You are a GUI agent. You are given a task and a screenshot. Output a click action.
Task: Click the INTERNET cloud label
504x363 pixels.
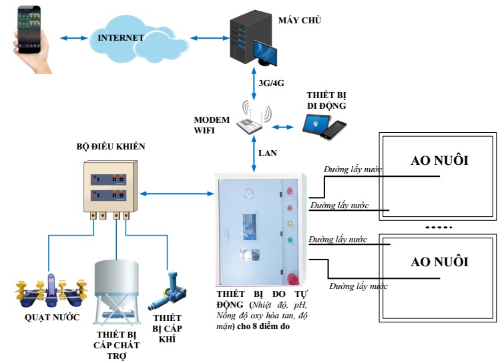121,38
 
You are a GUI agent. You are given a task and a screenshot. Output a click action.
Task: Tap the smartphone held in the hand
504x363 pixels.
29,29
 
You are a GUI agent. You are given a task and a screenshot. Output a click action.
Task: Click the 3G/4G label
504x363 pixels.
271,83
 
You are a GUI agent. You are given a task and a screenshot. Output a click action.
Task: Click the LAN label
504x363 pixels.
268,153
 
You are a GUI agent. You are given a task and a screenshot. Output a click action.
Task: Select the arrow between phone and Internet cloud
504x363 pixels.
74,38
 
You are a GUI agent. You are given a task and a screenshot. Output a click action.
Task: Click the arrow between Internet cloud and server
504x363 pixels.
210,38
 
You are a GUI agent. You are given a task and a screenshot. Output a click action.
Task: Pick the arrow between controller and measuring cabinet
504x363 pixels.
177,194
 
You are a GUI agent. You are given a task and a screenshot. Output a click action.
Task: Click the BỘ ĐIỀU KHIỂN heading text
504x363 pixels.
111,147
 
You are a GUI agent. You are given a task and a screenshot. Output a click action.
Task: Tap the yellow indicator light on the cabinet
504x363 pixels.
290,224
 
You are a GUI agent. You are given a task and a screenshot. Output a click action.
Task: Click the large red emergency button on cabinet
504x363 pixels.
292,278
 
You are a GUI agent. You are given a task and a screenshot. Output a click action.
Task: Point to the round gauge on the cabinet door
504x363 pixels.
248,194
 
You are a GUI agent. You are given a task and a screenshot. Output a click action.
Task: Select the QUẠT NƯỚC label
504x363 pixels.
52,318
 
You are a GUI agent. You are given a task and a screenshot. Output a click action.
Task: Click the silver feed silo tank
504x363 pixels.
116,292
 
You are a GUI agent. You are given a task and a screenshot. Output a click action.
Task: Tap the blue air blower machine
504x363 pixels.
168,292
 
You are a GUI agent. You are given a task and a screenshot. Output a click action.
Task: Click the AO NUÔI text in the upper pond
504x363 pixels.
439,160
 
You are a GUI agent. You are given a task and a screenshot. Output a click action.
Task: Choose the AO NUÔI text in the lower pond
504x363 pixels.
439,262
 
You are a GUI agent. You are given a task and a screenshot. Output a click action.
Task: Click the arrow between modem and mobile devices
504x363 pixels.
282,127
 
